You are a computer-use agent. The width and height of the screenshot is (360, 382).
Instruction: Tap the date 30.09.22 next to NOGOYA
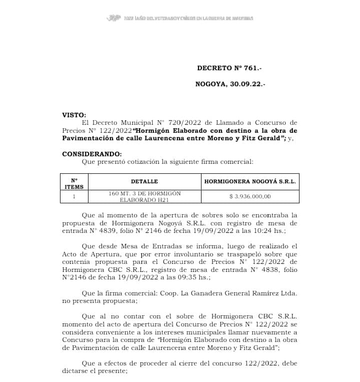[x=247, y=85]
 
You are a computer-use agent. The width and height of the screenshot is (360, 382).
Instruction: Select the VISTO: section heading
[x=74, y=115]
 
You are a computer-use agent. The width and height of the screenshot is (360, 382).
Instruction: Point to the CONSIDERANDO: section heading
[x=91, y=154]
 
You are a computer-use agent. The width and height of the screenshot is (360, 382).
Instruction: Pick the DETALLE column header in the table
[x=144, y=181]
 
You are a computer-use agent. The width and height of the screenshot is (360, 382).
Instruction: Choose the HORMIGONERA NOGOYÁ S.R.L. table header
[x=250, y=181]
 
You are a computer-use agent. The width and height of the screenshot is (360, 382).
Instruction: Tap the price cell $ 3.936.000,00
[x=250, y=197]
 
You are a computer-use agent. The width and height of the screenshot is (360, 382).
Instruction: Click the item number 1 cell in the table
[x=74, y=197]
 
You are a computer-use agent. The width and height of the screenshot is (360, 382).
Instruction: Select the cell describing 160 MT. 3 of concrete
[x=144, y=197]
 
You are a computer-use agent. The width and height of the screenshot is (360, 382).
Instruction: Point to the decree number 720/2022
[x=182, y=122]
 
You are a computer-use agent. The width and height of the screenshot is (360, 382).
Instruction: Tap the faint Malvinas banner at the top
[x=180, y=18]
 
